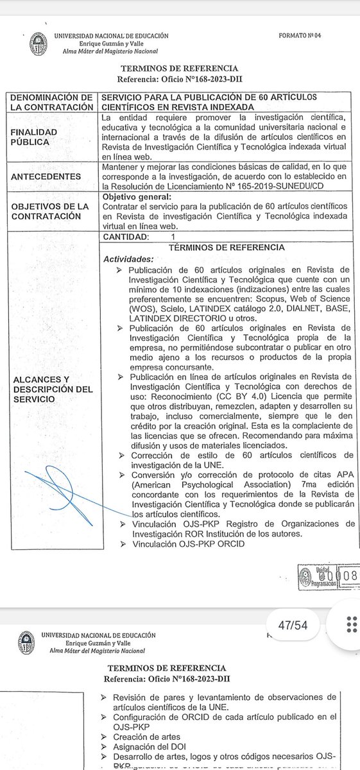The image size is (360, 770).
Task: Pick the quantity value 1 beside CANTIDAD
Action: (172, 236)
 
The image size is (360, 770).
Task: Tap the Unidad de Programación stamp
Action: (327, 575)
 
